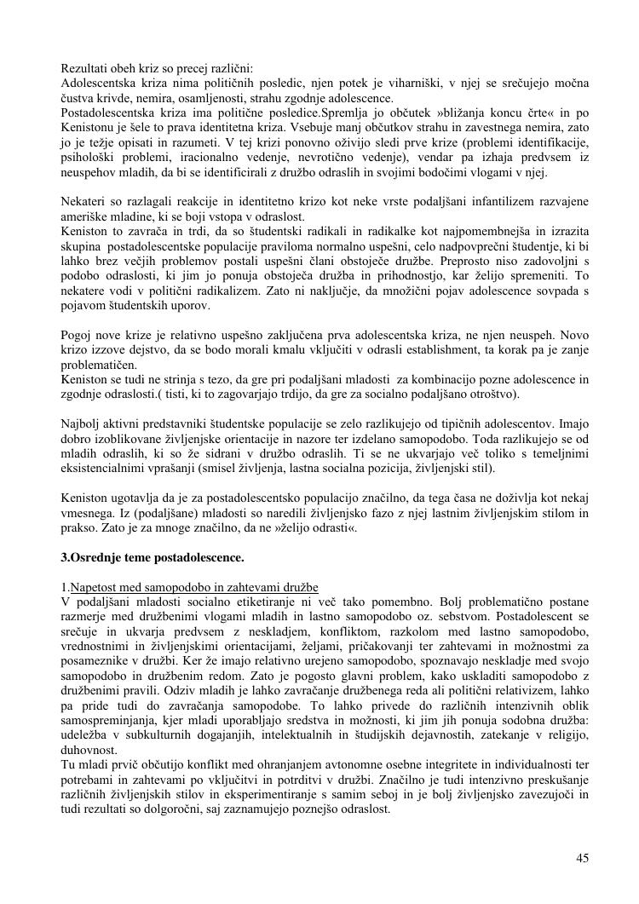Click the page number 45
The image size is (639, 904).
pyautogui.click(x=582, y=858)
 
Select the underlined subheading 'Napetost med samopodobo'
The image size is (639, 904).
pyautogui.click(x=194, y=587)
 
